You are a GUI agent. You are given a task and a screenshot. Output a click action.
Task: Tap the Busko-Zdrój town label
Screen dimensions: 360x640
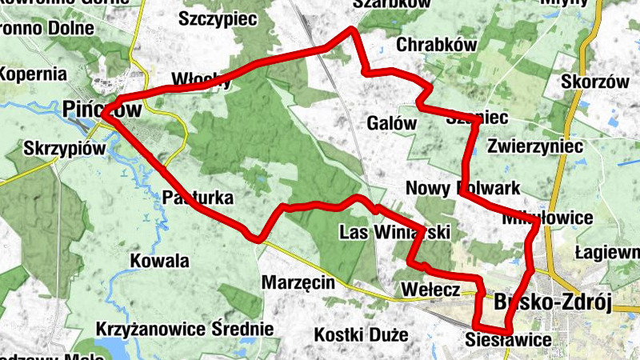pos(552,302)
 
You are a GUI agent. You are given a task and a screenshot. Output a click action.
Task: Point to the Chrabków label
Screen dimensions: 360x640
pos(430,45)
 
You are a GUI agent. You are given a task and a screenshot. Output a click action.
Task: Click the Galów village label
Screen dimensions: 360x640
pos(392,124)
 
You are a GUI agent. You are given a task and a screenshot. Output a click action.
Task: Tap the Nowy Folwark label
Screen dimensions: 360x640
pos(463,188)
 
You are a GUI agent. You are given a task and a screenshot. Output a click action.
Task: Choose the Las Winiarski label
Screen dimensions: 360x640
pos(394,233)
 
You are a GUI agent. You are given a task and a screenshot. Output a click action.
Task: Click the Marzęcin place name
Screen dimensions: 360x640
pos(298,282)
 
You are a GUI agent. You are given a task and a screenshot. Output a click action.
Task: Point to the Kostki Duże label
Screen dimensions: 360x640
pos(362,334)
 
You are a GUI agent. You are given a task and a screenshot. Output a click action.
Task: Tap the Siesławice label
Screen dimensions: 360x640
pos(507,342)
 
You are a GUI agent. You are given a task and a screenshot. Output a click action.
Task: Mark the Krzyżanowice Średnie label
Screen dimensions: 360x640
pos(184,329)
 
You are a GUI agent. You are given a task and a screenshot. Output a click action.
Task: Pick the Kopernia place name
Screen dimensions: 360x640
pos(33,74)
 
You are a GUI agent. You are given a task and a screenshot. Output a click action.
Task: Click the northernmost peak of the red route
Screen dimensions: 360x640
pos(350,30)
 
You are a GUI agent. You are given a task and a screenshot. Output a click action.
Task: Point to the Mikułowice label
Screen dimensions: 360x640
pos(548,218)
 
